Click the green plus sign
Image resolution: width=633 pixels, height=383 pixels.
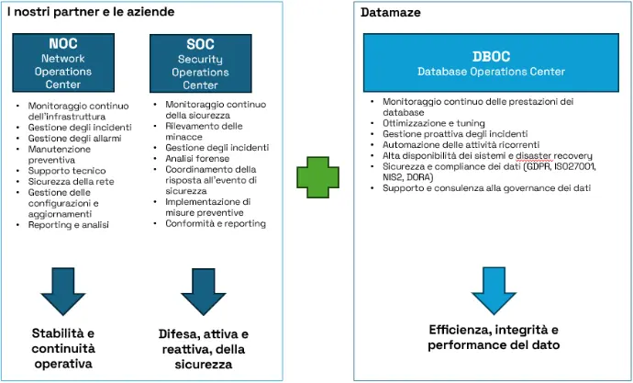pyautogui.click(x=317, y=177)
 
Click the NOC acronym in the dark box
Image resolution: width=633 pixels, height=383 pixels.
pyautogui.click(x=63, y=44)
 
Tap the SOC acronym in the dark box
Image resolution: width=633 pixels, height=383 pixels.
pyautogui.click(x=200, y=44)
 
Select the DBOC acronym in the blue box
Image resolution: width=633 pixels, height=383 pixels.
pyautogui.click(x=491, y=57)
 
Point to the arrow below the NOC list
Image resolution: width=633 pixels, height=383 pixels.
pyautogui.click(x=63, y=291)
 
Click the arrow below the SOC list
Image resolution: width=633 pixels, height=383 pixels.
pyautogui.click(x=203, y=292)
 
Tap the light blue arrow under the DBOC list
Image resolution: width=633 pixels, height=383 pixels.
pyautogui.click(x=494, y=291)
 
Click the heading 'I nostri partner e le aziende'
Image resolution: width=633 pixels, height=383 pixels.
pyautogui.click(x=91, y=12)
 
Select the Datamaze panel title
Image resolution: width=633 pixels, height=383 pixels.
pyautogui.click(x=391, y=13)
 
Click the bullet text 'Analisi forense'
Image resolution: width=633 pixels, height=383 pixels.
pyautogui.click(x=197, y=158)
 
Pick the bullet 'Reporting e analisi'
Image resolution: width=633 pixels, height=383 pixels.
pyautogui.click(x=68, y=225)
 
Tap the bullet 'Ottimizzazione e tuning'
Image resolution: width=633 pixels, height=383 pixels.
pyautogui.click(x=434, y=123)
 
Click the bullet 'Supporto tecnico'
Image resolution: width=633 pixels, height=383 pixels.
pyautogui.click(x=67, y=171)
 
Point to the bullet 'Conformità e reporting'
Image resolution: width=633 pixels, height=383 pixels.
pyautogui.click(x=216, y=223)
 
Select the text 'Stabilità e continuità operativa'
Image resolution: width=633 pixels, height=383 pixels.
pyautogui.click(x=63, y=348)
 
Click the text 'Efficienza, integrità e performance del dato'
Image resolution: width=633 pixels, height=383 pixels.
pyautogui.click(x=494, y=337)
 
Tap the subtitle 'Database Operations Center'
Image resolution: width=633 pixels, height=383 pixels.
pyautogui.click(x=491, y=72)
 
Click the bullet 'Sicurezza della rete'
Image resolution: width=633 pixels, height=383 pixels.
pyautogui.click(x=71, y=182)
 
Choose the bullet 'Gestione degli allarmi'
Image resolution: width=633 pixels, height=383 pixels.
pyautogui.click(x=74, y=138)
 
